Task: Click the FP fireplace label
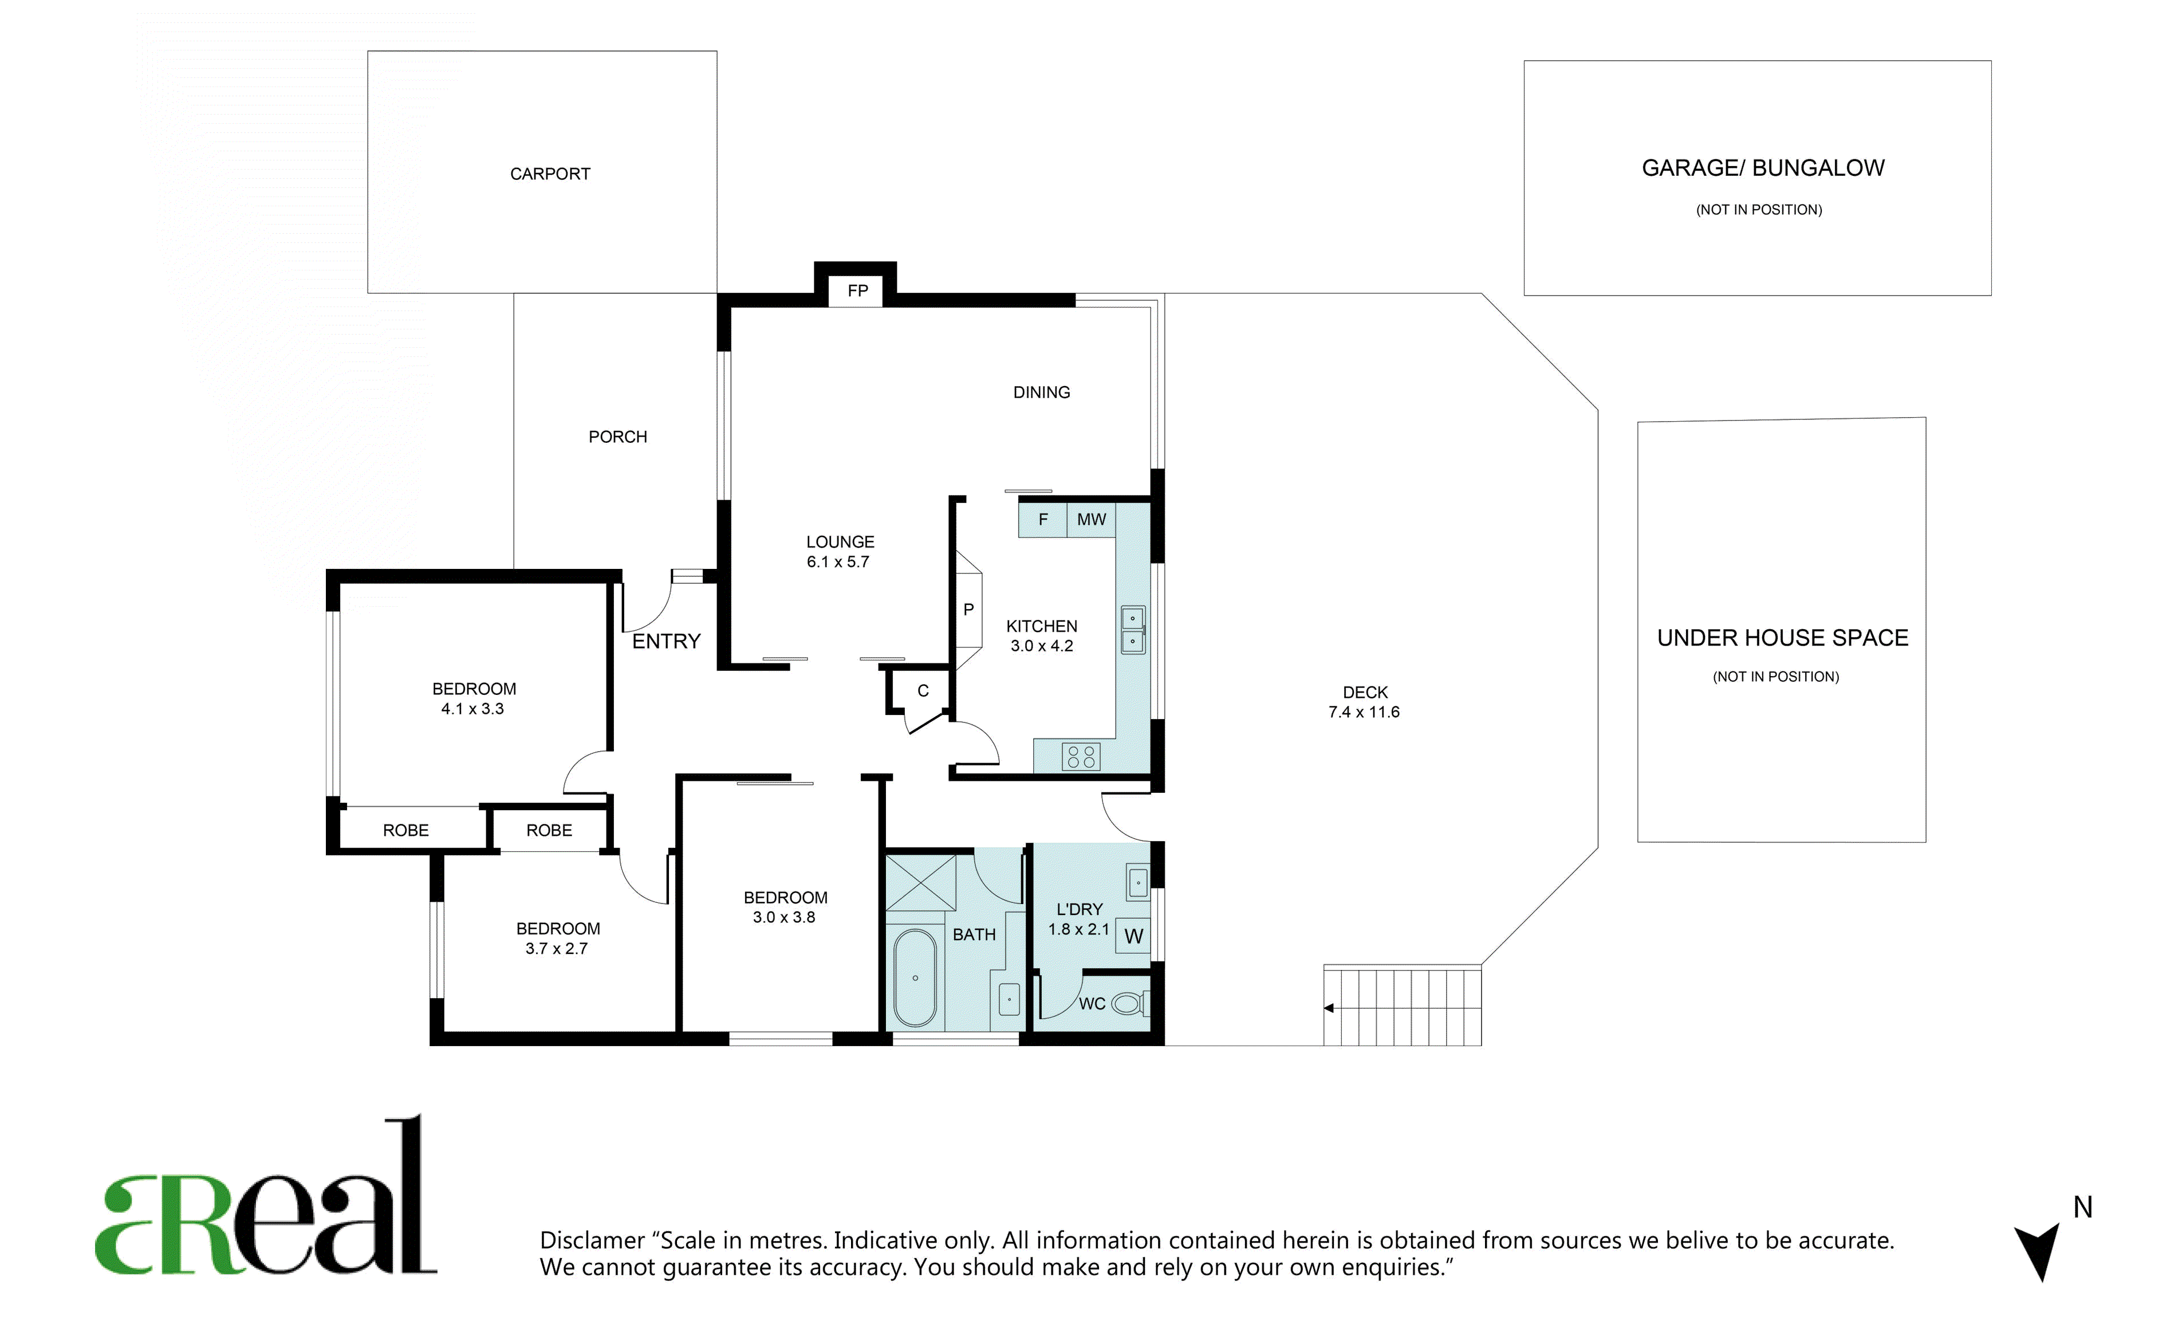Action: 857,291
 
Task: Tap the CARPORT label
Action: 550,174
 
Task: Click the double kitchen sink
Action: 1132,630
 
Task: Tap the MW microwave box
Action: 1092,520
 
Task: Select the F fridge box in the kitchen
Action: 1043,520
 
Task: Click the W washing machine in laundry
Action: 1133,936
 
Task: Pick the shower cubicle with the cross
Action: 920,882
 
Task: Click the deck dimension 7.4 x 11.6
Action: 1364,713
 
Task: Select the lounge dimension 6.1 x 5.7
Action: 838,562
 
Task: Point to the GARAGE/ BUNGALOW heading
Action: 1763,168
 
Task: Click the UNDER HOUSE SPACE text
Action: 1782,638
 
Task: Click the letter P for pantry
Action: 969,610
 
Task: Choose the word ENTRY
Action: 667,641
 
